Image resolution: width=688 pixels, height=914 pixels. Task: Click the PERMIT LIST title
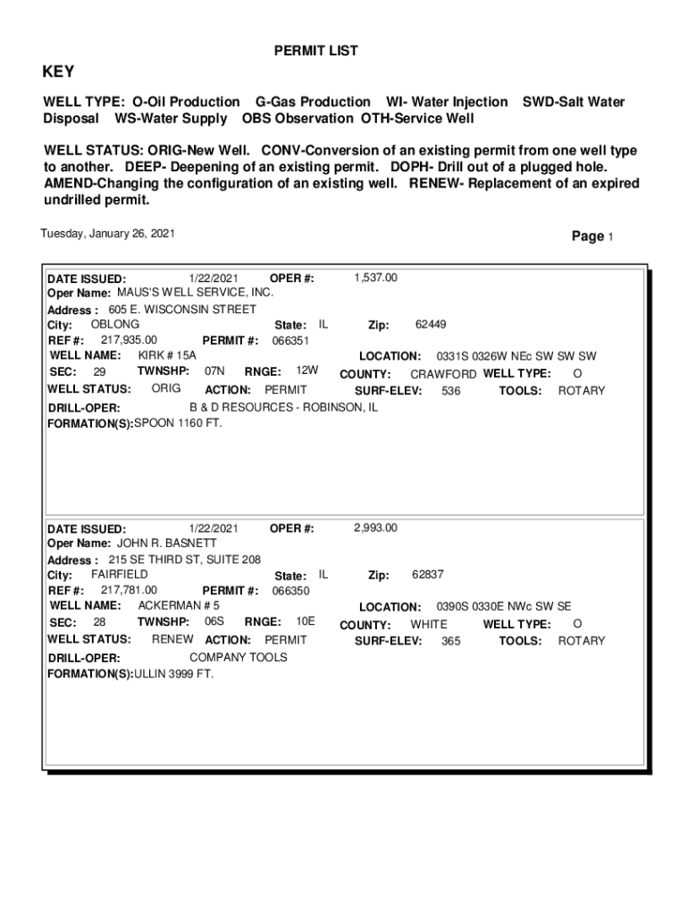[315, 52]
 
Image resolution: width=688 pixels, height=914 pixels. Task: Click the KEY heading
[59, 72]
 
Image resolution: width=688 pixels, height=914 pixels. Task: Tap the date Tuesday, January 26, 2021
[108, 234]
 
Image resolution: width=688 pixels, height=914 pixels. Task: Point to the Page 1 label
[592, 237]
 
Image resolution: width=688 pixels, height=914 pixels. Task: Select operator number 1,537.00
[375, 278]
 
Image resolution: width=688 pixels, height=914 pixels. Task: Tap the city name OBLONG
[115, 324]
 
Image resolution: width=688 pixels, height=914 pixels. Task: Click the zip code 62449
[431, 325]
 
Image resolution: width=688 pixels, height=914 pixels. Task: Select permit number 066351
[290, 340]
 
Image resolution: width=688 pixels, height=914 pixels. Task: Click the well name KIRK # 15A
[167, 355]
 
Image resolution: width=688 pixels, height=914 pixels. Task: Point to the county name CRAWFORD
[443, 374]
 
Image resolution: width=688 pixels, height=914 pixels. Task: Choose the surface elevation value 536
[451, 391]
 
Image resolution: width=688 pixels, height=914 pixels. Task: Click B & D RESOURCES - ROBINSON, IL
[283, 407]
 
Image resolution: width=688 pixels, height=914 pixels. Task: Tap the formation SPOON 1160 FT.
[178, 423]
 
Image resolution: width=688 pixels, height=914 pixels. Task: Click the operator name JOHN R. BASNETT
[167, 543]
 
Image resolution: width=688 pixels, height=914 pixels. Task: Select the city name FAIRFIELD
[120, 575]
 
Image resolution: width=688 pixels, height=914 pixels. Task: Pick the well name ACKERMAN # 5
[179, 605]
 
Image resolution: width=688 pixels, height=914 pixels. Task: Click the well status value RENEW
[172, 640]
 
